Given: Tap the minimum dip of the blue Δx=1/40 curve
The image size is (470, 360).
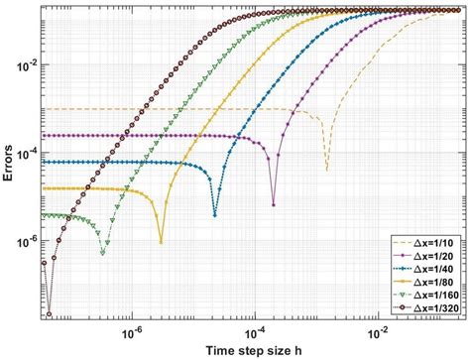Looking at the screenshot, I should [216, 214].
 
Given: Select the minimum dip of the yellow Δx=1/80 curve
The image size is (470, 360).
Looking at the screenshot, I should [161, 240].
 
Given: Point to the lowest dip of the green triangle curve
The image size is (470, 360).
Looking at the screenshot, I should [104, 254].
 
